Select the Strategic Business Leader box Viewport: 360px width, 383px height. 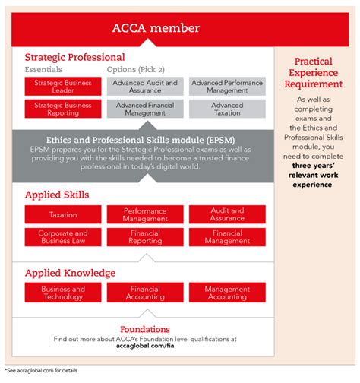click(x=62, y=87)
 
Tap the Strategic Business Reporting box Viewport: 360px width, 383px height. click(x=62, y=109)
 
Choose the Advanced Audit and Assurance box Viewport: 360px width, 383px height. click(x=145, y=87)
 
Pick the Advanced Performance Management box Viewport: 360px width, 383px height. click(x=228, y=87)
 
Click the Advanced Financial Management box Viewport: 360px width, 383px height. click(x=145, y=109)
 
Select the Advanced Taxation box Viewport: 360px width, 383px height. click(x=228, y=109)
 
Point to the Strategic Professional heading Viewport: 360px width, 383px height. click(x=74, y=57)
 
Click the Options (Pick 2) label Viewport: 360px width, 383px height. click(x=137, y=70)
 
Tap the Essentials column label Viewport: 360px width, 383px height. click(x=43, y=70)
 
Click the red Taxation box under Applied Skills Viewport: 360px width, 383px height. click(x=62, y=215)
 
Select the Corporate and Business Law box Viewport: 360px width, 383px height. click(x=62, y=237)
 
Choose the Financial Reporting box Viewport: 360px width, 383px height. click(x=145, y=237)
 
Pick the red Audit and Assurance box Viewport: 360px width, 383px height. click(x=228, y=215)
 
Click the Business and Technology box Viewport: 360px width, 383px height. click(x=62, y=293)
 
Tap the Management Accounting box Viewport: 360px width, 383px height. click(x=228, y=293)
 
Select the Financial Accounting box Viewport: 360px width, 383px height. click(x=145, y=293)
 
